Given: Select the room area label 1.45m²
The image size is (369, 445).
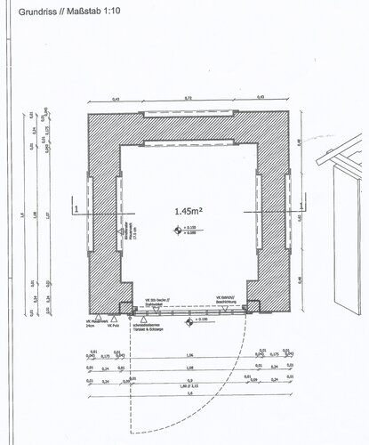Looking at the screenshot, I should (x=189, y=211).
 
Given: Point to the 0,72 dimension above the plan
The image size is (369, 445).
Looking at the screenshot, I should (x=189, y=97).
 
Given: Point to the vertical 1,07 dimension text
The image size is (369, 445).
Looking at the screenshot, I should (x=47, y=214).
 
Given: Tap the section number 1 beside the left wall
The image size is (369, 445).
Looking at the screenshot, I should (x=77, y=208).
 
